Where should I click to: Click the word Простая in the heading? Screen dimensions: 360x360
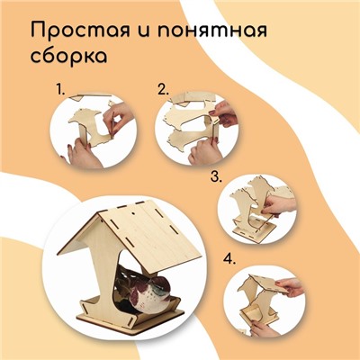pos(80,31)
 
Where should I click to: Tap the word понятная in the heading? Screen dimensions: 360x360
pos(211,31)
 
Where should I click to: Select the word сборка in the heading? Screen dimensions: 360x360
pos(68,55)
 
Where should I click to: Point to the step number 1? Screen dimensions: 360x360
pos(60,89)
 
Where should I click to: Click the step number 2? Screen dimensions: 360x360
pos(164,89)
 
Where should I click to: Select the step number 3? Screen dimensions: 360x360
pos(216,176)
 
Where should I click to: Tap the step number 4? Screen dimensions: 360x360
pos(229,259)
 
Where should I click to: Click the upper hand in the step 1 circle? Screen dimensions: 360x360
pos(118,118)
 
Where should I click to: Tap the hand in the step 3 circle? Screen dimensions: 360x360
pos(278,204)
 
